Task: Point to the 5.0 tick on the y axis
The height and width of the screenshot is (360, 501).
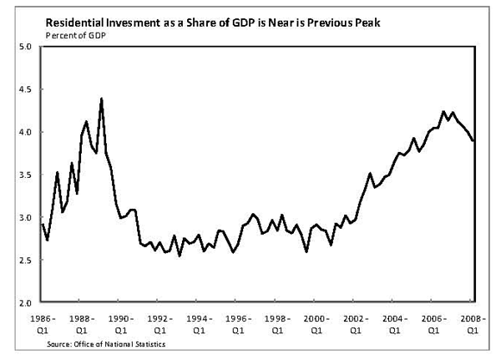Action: (25, 47)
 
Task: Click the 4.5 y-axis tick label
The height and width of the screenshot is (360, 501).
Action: (25, 89)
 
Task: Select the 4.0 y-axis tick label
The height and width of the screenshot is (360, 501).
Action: (25, 132)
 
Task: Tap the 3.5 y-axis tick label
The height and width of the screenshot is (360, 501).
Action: (25, 175)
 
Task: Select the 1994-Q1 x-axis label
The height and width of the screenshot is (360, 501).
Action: (196, 324)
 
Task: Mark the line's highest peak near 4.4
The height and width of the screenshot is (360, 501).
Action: (101, 99)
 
